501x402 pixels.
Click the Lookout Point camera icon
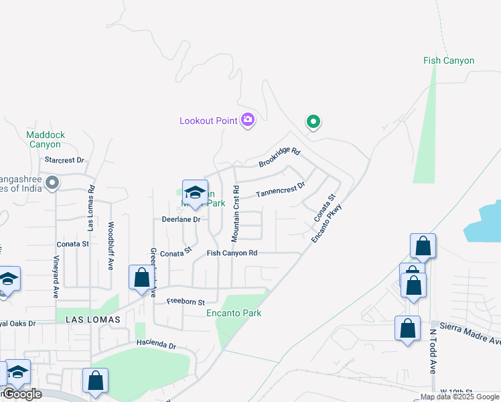pos(248,120)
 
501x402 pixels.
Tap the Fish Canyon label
pos(448,60)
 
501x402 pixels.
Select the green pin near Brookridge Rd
pos(313,122)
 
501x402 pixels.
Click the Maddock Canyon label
pos(46,139)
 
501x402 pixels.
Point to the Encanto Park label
pos(234,313)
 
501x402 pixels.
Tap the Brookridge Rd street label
pos(279,158)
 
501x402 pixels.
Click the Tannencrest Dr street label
pos(281,190)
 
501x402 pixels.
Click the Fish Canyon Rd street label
pos(232,253)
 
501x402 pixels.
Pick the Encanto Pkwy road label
pos(326,221)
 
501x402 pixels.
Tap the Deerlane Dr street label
pos(181,219)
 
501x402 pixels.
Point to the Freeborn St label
pos(186,301)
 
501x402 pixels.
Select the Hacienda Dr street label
pos(155,346)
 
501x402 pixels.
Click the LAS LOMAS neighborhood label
pos(92,320)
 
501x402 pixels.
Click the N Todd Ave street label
pos(433,351)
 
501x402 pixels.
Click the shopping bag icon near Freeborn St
pos(141,277)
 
